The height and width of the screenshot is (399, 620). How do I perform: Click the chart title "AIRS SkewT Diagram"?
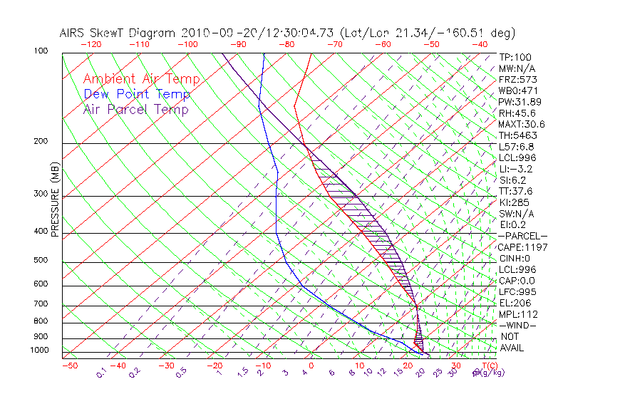click(118, 33)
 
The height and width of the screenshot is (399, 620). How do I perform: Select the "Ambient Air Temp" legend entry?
click(141, 79)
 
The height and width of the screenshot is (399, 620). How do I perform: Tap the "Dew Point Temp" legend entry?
click(136, 94)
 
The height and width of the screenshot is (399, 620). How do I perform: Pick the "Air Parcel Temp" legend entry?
click(135, 109)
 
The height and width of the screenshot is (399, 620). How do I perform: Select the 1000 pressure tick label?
click(40, 351)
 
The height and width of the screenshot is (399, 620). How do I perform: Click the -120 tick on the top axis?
click(91, 44)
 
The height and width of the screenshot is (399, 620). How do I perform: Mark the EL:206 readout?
click(513, 303)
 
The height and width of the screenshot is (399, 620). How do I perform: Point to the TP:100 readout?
click(513, 57)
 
